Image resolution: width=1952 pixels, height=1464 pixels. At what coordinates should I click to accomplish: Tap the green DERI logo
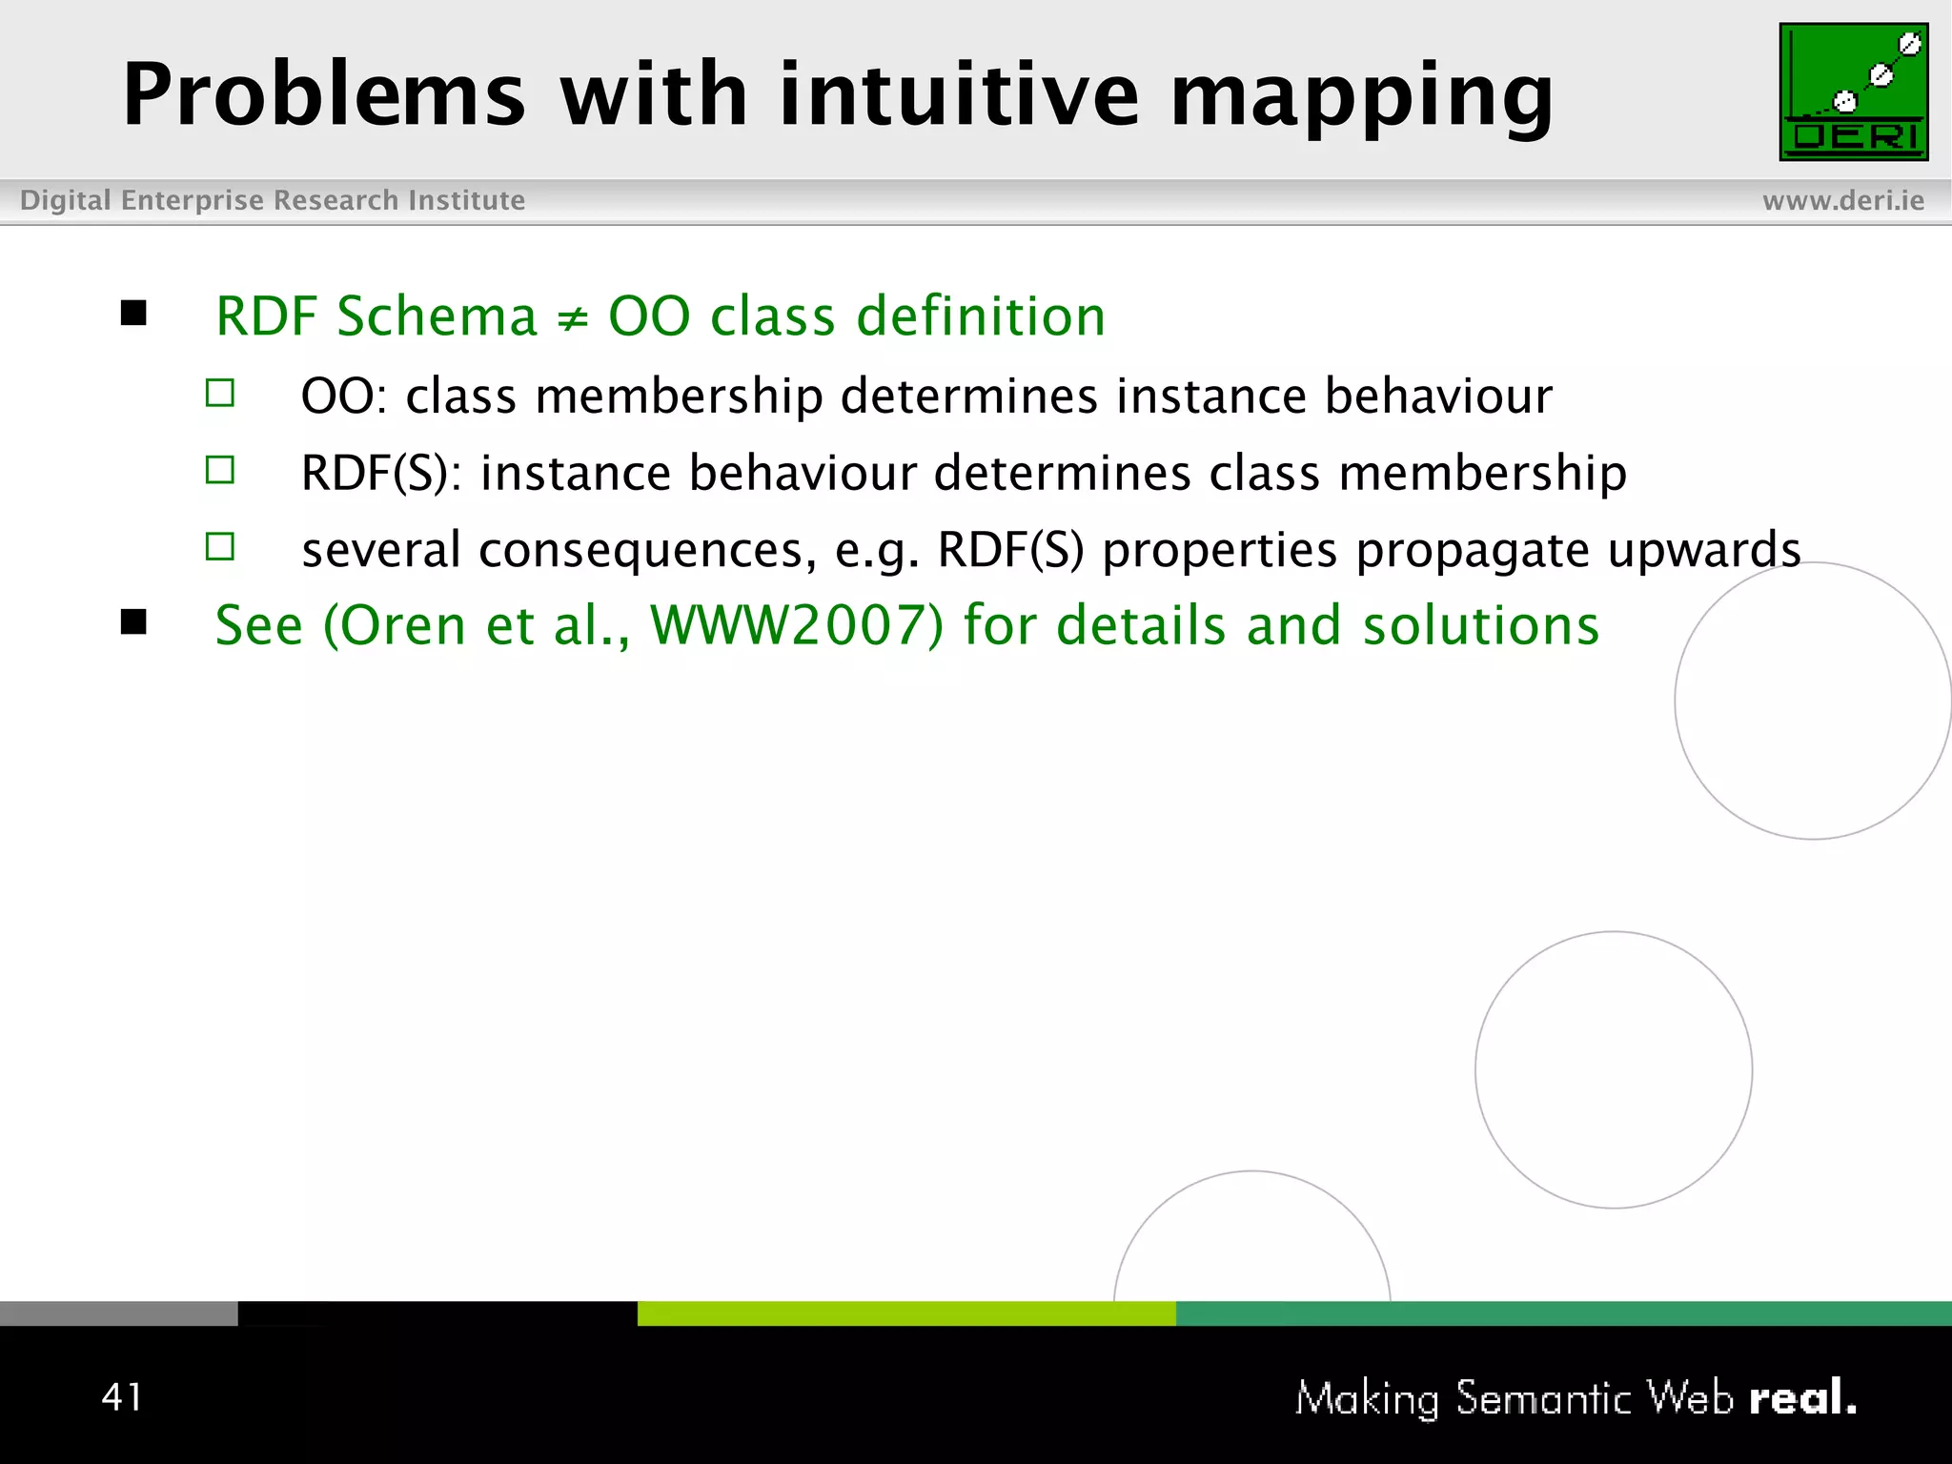tap(1853, 91)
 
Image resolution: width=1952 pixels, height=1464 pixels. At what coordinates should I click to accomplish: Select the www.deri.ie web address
tap(1842, 200)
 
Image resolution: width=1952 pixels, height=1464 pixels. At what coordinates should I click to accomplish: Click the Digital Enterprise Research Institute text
tap(273, 200)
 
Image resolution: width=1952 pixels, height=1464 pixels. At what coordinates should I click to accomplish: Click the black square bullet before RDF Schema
tap(134, 313)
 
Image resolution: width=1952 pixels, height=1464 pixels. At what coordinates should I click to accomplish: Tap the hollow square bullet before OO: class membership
tap(220, 393)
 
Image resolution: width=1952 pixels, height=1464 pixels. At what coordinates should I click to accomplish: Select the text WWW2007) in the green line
tap(797, 626)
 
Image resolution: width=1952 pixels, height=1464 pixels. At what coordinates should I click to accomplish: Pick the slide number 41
tap(122, 1396)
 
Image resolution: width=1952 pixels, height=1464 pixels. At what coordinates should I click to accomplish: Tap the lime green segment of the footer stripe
tap(905, 1313)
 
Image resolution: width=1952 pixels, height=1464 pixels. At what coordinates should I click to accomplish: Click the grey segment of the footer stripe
tap(118, 1313)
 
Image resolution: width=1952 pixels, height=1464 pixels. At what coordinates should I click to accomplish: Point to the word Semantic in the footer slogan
tap(1544, 1398)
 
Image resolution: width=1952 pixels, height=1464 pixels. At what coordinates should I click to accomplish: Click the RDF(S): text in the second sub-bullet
tap(381, 473)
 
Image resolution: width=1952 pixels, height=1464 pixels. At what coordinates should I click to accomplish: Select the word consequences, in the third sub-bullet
tap(647, 550)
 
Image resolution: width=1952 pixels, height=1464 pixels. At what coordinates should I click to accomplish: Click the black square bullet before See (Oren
tap(134, 622)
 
